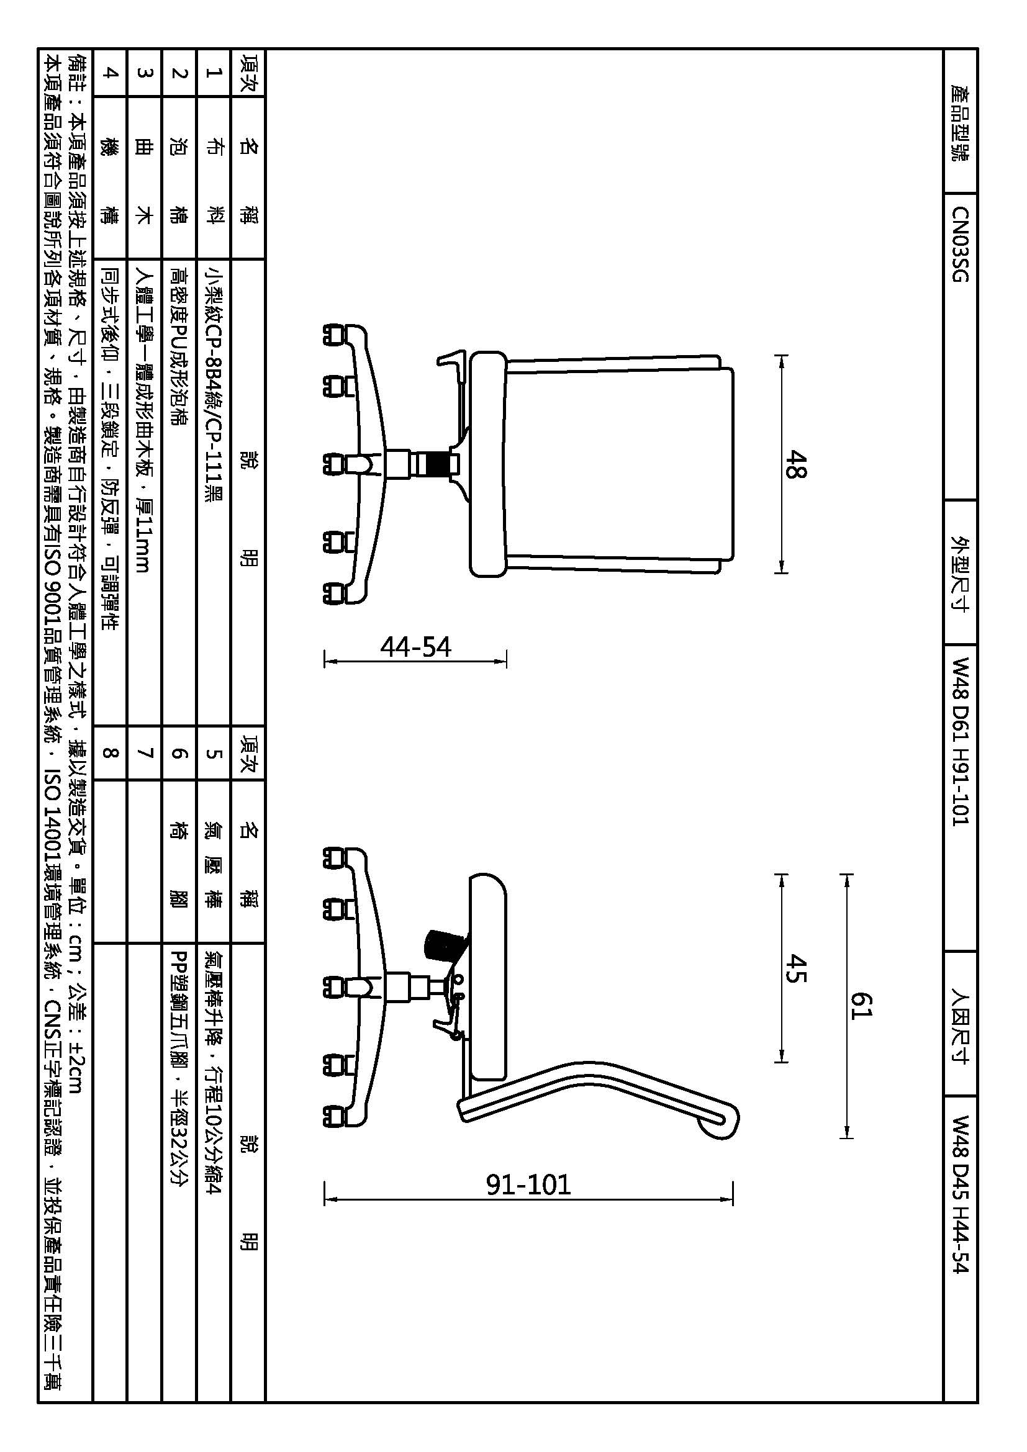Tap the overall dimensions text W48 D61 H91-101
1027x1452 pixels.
pos(960,741)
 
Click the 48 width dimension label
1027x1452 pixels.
pos(795,464)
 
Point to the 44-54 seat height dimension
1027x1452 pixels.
pos(415,647)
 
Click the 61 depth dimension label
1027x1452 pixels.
pos(861,1006)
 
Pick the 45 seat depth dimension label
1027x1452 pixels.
pos(795,968)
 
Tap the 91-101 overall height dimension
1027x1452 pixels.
pos(528,1184)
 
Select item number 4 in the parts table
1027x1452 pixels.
pos(110,73)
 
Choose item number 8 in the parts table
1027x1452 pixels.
pos(110,752)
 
